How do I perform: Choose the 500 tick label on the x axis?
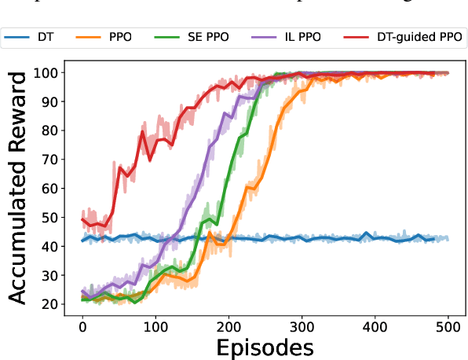pos(448,324)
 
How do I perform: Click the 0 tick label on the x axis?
pos(82,324)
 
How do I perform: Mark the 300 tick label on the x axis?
pos(302,324)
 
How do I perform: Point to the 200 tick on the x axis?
pos(229,324)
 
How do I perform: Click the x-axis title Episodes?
pos(265,346)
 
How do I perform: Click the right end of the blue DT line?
pos(448,239)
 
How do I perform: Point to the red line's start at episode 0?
pos(82,219)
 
